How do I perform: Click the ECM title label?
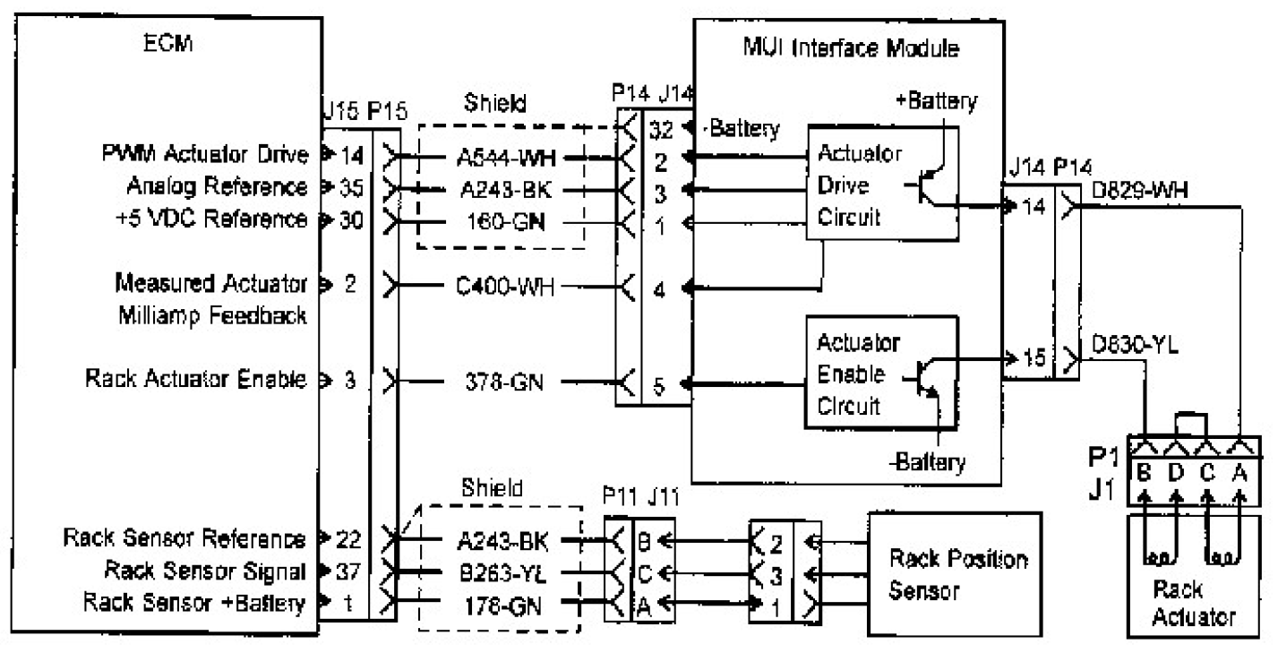point(165,45)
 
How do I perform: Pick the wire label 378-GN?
point(506,382)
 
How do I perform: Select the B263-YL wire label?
point(506,571)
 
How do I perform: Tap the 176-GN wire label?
point(506,603)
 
